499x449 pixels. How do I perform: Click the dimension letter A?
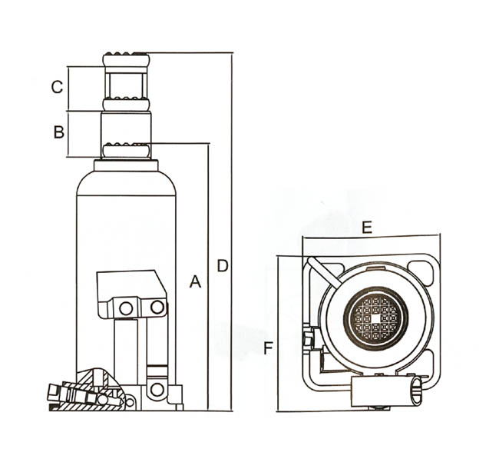[x=195, y=282]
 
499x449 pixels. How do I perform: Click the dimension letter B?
[x=58, y=132]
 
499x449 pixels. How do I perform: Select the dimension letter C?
[x=57, y=87]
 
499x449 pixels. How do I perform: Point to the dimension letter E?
[x=367, y=227]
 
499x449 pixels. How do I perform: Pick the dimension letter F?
[x=268, y=348]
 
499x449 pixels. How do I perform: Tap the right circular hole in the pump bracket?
[x=157, y=308]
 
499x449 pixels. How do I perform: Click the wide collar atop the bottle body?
[x=126, y=165]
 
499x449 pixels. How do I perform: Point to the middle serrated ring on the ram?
[x=125, y=103]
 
